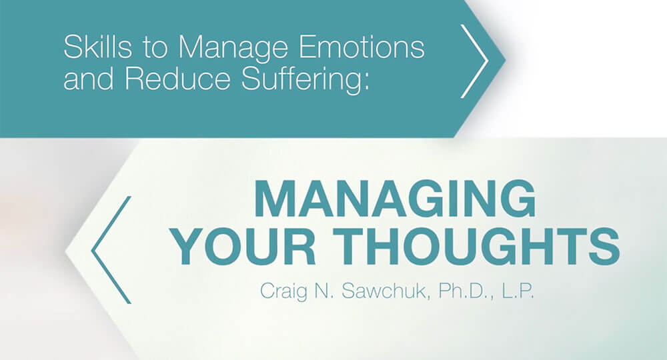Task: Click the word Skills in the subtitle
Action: (x=98, y=46)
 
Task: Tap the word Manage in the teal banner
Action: (x=233, y=47)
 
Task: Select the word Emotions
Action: (x=362, y=47)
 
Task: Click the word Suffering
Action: (x=301, y=79)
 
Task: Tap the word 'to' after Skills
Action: (x=155, y=47)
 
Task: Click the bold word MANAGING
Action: (x=395, y=199)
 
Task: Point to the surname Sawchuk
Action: (x=387, y=291)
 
